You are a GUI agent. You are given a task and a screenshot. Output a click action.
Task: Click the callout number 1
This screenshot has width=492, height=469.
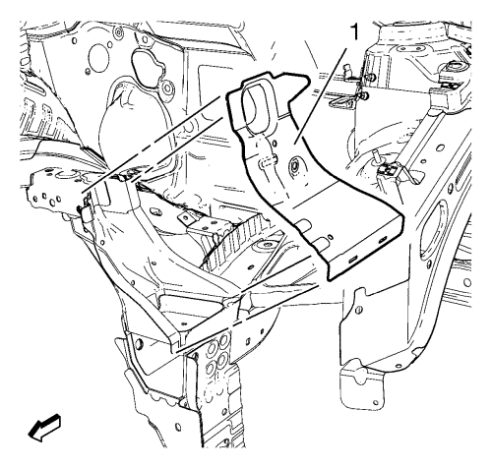(354, 32)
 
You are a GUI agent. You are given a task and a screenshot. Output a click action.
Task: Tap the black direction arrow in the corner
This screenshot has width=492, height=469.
(44, 427)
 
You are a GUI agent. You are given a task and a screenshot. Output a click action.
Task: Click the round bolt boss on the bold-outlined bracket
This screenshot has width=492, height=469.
(293, 165)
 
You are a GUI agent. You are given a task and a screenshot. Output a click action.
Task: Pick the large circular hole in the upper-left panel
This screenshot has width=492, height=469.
(98, 54)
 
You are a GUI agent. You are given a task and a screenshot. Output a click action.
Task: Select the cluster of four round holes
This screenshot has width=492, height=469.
(217, 355)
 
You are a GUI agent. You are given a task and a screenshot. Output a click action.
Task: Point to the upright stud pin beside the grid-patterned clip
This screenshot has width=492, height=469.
(376, 157)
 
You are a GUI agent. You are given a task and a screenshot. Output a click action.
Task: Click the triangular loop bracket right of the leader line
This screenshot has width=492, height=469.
(339, 102)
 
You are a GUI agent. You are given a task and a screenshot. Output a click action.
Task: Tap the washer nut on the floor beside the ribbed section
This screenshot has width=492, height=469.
(268, 247)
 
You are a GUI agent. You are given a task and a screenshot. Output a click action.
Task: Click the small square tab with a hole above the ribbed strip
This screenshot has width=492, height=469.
(186, 218)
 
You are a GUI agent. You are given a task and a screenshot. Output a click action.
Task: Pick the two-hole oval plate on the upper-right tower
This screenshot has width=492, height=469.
(410, 49)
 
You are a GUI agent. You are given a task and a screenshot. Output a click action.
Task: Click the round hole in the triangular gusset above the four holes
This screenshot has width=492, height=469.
(139, 343)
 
